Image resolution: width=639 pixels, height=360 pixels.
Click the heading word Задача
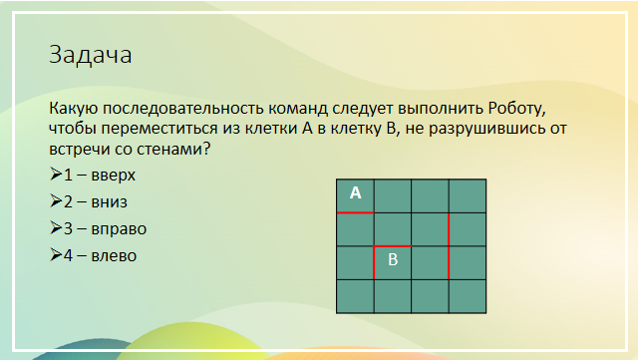[91, 55]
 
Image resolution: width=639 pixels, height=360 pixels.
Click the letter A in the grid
[355, 192]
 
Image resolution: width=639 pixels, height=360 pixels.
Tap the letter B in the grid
[393, 259]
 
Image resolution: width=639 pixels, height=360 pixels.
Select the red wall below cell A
[355, 212]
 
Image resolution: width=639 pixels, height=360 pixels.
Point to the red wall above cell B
[393, 246]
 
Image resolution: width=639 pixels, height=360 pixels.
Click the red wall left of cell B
[374, 262]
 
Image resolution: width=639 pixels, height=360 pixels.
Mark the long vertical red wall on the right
[449, 246]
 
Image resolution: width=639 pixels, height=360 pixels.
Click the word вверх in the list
[114, 176]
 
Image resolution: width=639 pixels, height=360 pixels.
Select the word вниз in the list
[110, 202]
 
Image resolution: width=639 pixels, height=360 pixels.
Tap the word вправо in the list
[119, 229]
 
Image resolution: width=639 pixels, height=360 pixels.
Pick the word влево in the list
[114, 255]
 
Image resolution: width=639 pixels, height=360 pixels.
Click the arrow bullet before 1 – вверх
[56, 175]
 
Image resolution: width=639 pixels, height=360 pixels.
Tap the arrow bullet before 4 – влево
[56, 254]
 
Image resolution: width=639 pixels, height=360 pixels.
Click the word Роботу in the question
[516, 109]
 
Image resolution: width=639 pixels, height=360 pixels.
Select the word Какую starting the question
[74, 110]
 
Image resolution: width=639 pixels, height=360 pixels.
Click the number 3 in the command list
[68, 229]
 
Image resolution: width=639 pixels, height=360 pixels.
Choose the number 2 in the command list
[68, 201]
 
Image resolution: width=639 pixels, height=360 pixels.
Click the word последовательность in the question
[183, 109]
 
